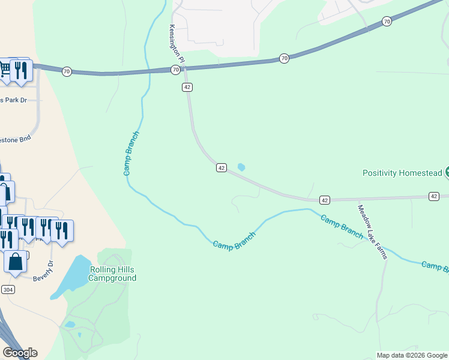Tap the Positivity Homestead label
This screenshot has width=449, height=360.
[402, 173]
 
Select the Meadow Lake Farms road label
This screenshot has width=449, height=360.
[373, 232]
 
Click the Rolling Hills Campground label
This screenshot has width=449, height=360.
[112, 274]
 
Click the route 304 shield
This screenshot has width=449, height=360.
[7, 289]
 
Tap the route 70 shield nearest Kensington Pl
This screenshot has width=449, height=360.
[175, 70]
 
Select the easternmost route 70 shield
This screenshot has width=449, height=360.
[387, 22]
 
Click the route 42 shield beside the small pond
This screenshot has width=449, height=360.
[221, 168]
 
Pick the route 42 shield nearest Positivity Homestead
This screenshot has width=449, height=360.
[433, 196]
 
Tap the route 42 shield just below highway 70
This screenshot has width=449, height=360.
[187, 87]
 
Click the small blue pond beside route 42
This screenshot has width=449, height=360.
[241, 167]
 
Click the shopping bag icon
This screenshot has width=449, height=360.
[16, 262]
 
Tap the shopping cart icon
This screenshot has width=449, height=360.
[5, 69]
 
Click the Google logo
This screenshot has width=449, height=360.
[20, 353]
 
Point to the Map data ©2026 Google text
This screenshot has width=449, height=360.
[412, 355]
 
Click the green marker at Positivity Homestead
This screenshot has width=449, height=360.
[447, 173]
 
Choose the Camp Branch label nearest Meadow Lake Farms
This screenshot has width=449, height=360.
[341, 227]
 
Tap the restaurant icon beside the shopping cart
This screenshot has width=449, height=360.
[22, 70]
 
